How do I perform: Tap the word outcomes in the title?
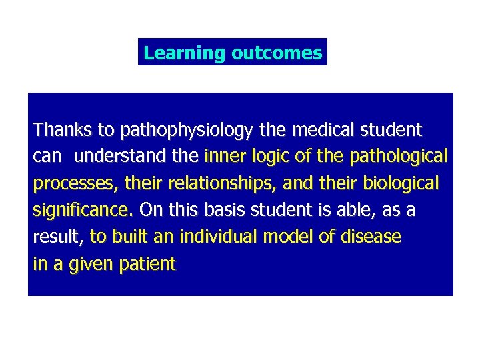point(276,53)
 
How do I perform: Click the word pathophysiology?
point(156,129)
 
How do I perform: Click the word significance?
point(83,211)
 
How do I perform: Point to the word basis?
point(223,211)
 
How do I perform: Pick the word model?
point(286,237)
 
